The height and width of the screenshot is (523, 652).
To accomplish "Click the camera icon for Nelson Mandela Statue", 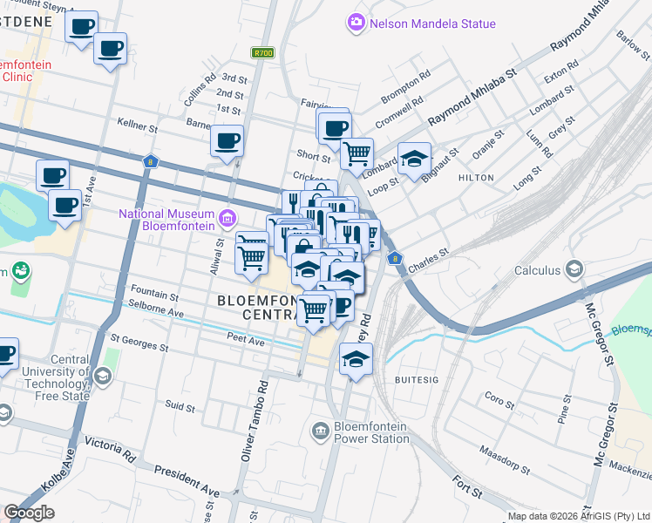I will coord(355,23).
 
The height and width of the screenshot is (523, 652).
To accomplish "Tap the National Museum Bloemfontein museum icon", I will coord(228,217).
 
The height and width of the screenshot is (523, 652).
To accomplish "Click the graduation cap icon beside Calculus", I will coord(574,269).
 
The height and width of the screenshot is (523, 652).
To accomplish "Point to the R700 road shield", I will coord(262,53).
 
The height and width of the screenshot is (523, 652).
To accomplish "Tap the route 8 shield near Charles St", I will coord(395,258).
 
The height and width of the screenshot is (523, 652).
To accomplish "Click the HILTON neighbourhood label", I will coord(476,178).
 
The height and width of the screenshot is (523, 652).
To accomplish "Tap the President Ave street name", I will coord(187,479).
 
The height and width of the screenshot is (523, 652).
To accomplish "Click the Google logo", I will coord(30,513).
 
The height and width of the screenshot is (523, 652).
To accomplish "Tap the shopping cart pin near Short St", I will coord(357,153).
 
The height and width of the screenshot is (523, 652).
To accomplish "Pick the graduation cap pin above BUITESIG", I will coord(356,359).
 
